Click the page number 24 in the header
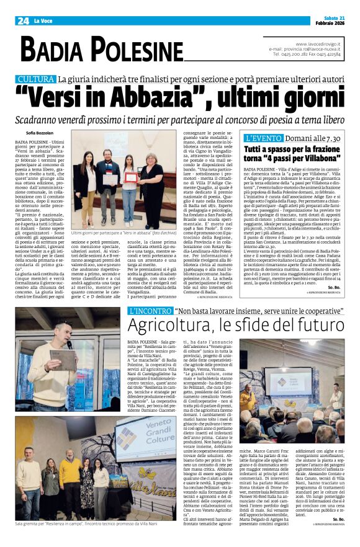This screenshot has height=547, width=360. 24,21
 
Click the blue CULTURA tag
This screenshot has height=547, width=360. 36,79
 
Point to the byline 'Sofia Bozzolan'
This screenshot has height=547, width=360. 39,133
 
